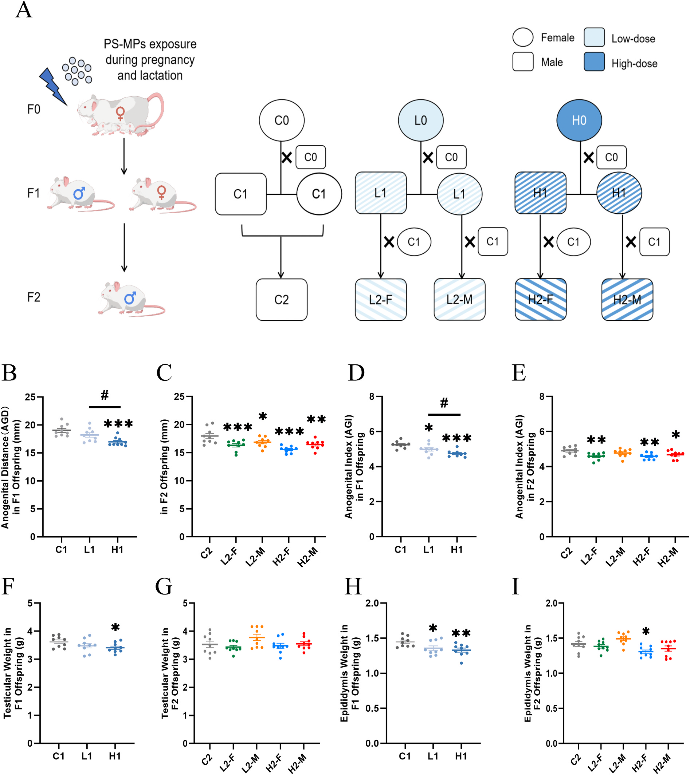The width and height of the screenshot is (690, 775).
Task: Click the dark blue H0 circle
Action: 579,120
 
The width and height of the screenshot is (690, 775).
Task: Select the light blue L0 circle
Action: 420,120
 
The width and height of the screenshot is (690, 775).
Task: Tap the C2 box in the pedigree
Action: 281,300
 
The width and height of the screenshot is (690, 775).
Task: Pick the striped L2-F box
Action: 381,300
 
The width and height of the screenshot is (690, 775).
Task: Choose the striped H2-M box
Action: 627,300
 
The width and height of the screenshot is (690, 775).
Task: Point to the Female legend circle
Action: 523,37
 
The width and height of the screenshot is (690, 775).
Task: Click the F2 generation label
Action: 34,297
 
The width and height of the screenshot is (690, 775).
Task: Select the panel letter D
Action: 356,373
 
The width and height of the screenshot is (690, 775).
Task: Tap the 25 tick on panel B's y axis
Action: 30,398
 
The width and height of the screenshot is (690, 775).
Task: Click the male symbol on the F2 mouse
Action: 130,298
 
